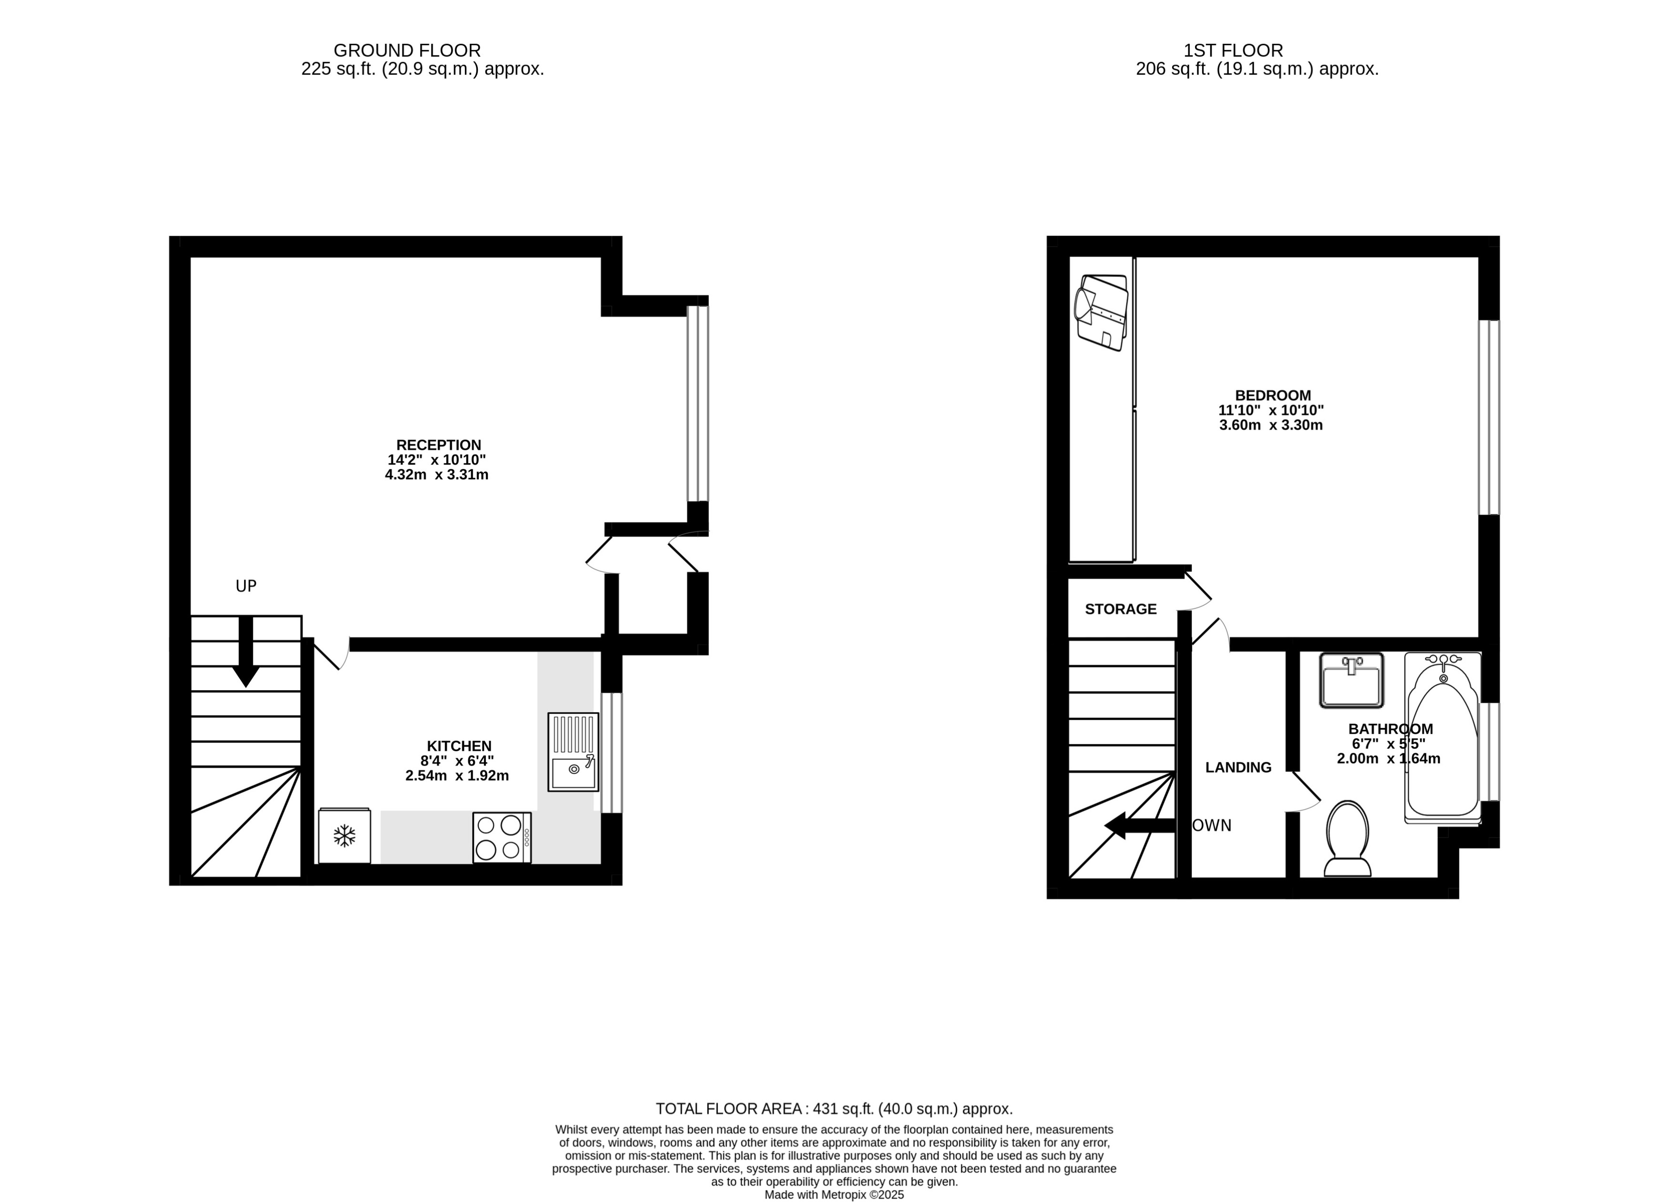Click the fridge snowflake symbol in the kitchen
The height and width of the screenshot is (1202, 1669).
344,836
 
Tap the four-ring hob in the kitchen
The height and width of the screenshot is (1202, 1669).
501,837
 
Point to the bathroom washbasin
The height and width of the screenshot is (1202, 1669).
1351,680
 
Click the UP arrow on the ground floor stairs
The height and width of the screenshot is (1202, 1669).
246,652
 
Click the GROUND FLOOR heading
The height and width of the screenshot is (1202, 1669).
407,51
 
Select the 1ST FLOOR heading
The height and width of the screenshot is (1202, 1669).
1233,51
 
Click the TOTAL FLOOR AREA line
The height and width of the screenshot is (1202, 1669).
834,1109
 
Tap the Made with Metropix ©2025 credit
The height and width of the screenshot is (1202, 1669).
834,1195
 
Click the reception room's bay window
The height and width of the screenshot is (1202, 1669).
698,404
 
